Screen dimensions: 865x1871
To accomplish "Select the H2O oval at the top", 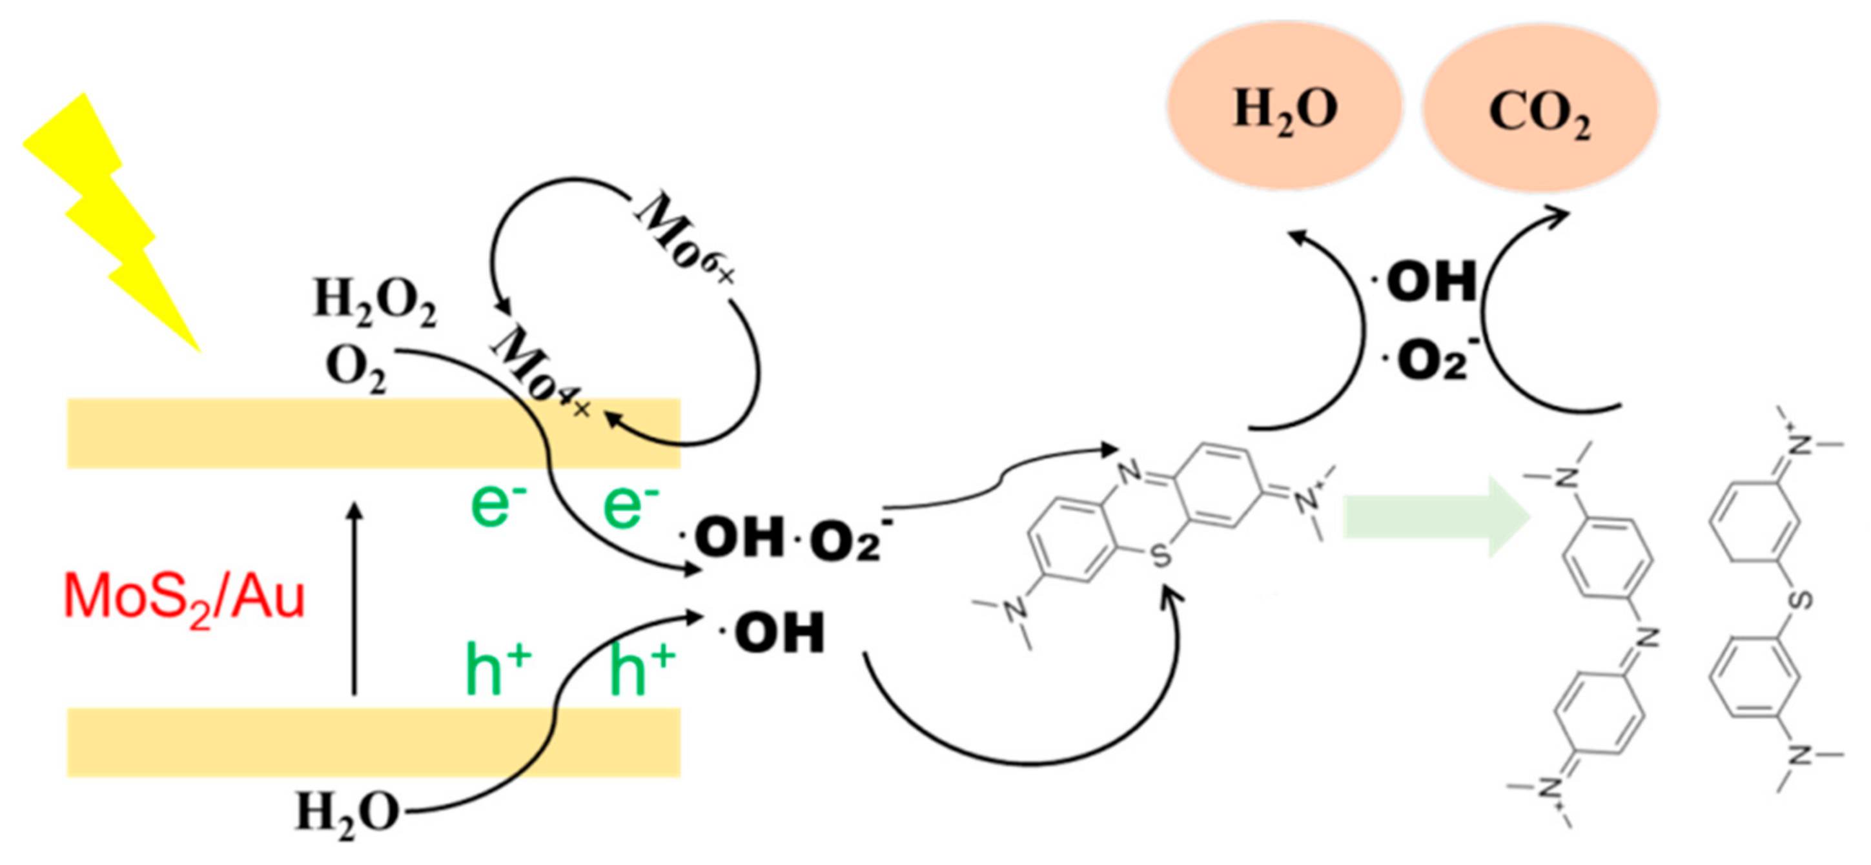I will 1284,108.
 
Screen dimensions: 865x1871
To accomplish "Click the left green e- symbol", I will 498,505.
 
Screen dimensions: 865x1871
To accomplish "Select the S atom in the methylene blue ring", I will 1161,556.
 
